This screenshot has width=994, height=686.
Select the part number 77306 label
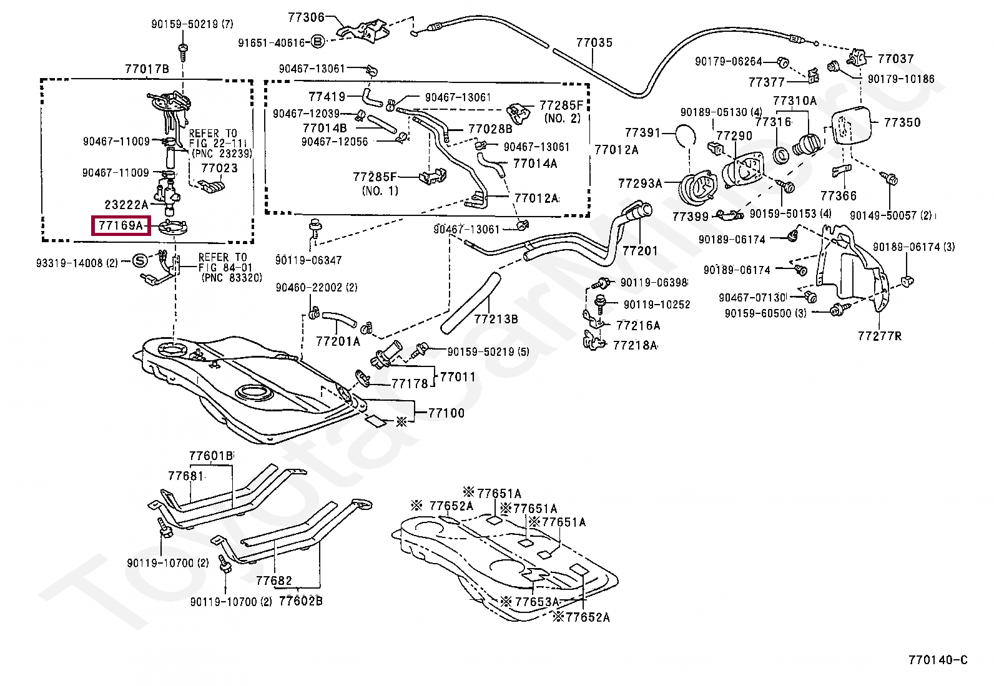307,17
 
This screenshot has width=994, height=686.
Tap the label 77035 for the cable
594,43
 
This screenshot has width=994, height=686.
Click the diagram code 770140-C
938,660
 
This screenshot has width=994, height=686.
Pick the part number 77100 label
446,413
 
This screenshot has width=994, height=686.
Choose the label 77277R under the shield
879,336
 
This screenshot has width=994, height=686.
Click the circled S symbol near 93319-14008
140,260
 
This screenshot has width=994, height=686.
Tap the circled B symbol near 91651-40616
317,42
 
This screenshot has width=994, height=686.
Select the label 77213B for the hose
496,319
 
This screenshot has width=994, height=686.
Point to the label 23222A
127,203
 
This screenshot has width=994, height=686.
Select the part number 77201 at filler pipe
640,251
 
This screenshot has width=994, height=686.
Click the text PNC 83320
232,278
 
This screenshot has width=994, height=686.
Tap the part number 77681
185,476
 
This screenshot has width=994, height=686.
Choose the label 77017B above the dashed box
147,69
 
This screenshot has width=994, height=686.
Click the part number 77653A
536,602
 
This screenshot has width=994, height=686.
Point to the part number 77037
895,59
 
